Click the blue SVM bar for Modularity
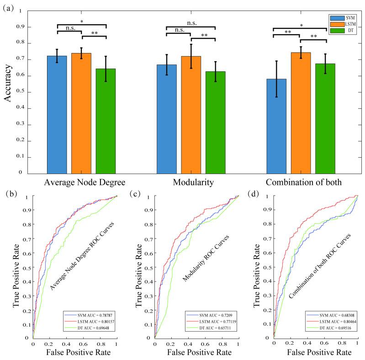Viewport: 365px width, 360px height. pos(167,119)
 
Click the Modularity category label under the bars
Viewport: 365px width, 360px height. pos(191,183)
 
